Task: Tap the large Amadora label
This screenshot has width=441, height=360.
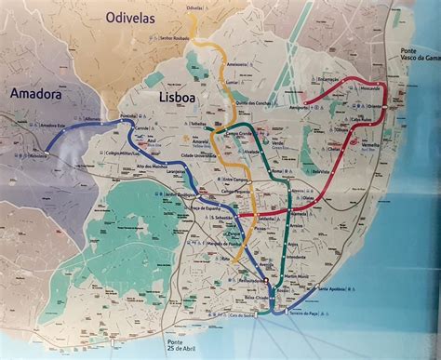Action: click(37, 93)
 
